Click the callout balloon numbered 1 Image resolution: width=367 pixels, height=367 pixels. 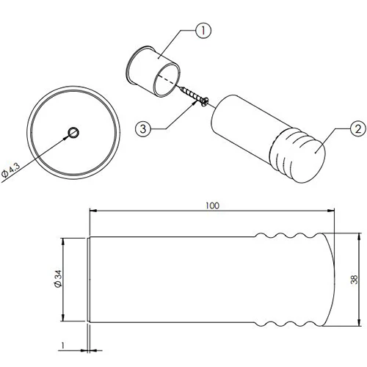pyautogui.click(x=203, y=31)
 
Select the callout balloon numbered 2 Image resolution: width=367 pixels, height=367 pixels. pyautogui.click(x=358, y=128)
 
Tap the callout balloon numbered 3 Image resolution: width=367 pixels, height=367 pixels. pyautogui.click(x=143, y=128)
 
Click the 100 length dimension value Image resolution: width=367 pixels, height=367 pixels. pyautogui.click(x=212, y=206)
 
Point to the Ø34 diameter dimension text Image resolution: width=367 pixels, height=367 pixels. pyautogui.click(x=58, y=278)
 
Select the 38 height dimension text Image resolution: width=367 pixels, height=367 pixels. pyautogui.click(x=354, y=280)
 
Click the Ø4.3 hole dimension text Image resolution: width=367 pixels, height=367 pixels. pyautogui.click(x=10, y=170)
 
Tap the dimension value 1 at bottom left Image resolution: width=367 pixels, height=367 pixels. pyautogui.click(x=63, y=345)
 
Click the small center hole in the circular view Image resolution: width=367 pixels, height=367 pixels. pyautogui.click(x=73, y=133)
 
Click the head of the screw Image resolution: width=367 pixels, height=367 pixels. pyautogui.click(x=205, y=102)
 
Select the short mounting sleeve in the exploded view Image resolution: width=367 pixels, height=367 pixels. pyautogui.click(x=153, y=71)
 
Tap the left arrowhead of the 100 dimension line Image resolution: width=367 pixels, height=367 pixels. pyautogui.click(x=93, y=210)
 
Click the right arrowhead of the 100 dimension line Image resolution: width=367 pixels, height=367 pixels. pyautogui.click(x=331, y=210)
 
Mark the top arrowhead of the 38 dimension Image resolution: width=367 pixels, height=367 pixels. pyautogui.click(x=359, y=236)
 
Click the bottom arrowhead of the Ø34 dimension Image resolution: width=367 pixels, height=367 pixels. pyautogui.click(x=63, y=318)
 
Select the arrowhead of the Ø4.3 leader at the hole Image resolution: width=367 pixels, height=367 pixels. pyautogui.click(x=66, y=137)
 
